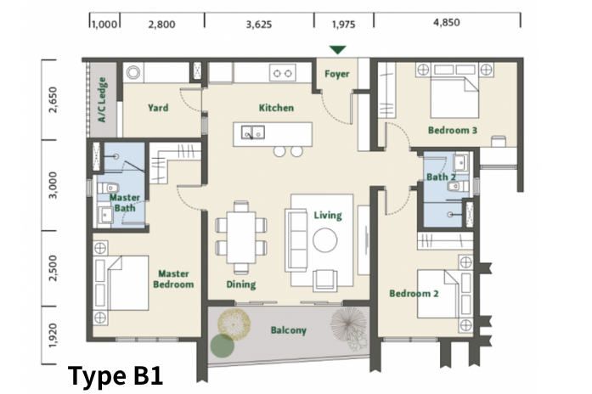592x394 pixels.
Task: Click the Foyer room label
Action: tap(337, 74)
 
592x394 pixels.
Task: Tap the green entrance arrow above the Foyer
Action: tap(337, 50)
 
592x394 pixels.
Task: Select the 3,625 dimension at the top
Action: tap(259, 25)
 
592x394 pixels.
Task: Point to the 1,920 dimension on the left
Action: tap(53, 335)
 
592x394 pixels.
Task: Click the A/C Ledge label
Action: tap(102, 99)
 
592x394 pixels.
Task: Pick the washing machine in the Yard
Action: tap(133, 72)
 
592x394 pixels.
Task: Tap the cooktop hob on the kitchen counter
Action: tap(282, 73)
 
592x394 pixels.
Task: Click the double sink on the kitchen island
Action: tap(253, 132)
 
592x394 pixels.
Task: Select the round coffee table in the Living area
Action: tap(324, 240)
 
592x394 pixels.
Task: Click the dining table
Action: tap(241, 238)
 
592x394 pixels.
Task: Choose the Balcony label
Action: tap(289, 330)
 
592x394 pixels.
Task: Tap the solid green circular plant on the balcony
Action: tap(222, 346)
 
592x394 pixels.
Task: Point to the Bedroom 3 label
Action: tap(453, 130)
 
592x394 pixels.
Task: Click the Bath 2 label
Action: tap(441, 177)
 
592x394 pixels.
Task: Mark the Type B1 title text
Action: tap(116, 376)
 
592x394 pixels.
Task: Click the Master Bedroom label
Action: tap(173, 279)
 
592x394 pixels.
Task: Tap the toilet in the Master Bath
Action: tap(109, 188)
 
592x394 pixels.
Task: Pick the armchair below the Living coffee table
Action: tap(325, 280)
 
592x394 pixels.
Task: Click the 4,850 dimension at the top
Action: tap(446, 22)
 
